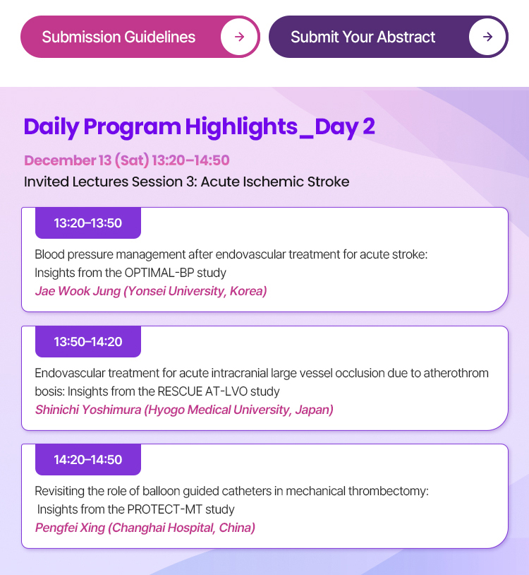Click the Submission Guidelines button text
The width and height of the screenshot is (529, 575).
point(118,37)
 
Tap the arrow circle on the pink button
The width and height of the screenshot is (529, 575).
point(239,37)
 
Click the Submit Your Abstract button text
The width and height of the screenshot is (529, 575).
point(363,37)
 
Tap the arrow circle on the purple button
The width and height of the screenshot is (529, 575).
point(487,37)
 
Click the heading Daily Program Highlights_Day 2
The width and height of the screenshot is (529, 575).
point(200,127)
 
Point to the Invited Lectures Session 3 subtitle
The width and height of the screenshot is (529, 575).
point(187,182)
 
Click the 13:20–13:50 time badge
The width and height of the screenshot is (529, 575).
point(88,223)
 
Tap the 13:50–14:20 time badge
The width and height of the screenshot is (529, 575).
point(88,341)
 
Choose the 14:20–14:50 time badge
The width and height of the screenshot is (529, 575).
point(88,459)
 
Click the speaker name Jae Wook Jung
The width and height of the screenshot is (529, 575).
point(78,291)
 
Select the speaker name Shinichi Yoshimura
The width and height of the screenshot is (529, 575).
point(88,410)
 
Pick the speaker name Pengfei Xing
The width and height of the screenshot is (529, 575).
point(70,528)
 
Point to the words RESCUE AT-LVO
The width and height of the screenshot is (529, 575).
point(202,391)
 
